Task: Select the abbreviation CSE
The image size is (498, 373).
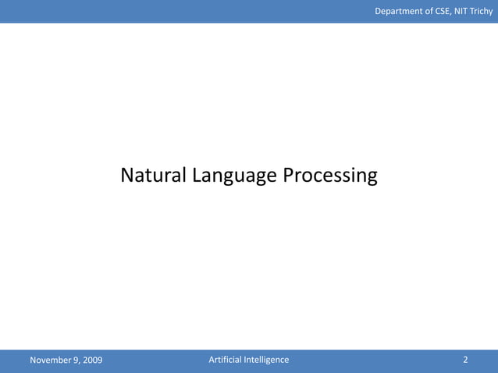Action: (x=442, y=11)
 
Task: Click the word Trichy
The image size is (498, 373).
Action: (x=482, y=11)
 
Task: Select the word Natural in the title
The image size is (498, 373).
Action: (x=152, y=176)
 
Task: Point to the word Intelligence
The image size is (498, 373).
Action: (x=266, y=360)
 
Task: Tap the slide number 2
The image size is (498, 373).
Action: (x=465, y=360)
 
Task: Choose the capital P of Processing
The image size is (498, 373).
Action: (x=288, y=176)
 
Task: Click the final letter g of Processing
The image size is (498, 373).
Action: (x=372, y=179)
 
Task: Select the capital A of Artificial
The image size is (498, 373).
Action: (x=212, y=360)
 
